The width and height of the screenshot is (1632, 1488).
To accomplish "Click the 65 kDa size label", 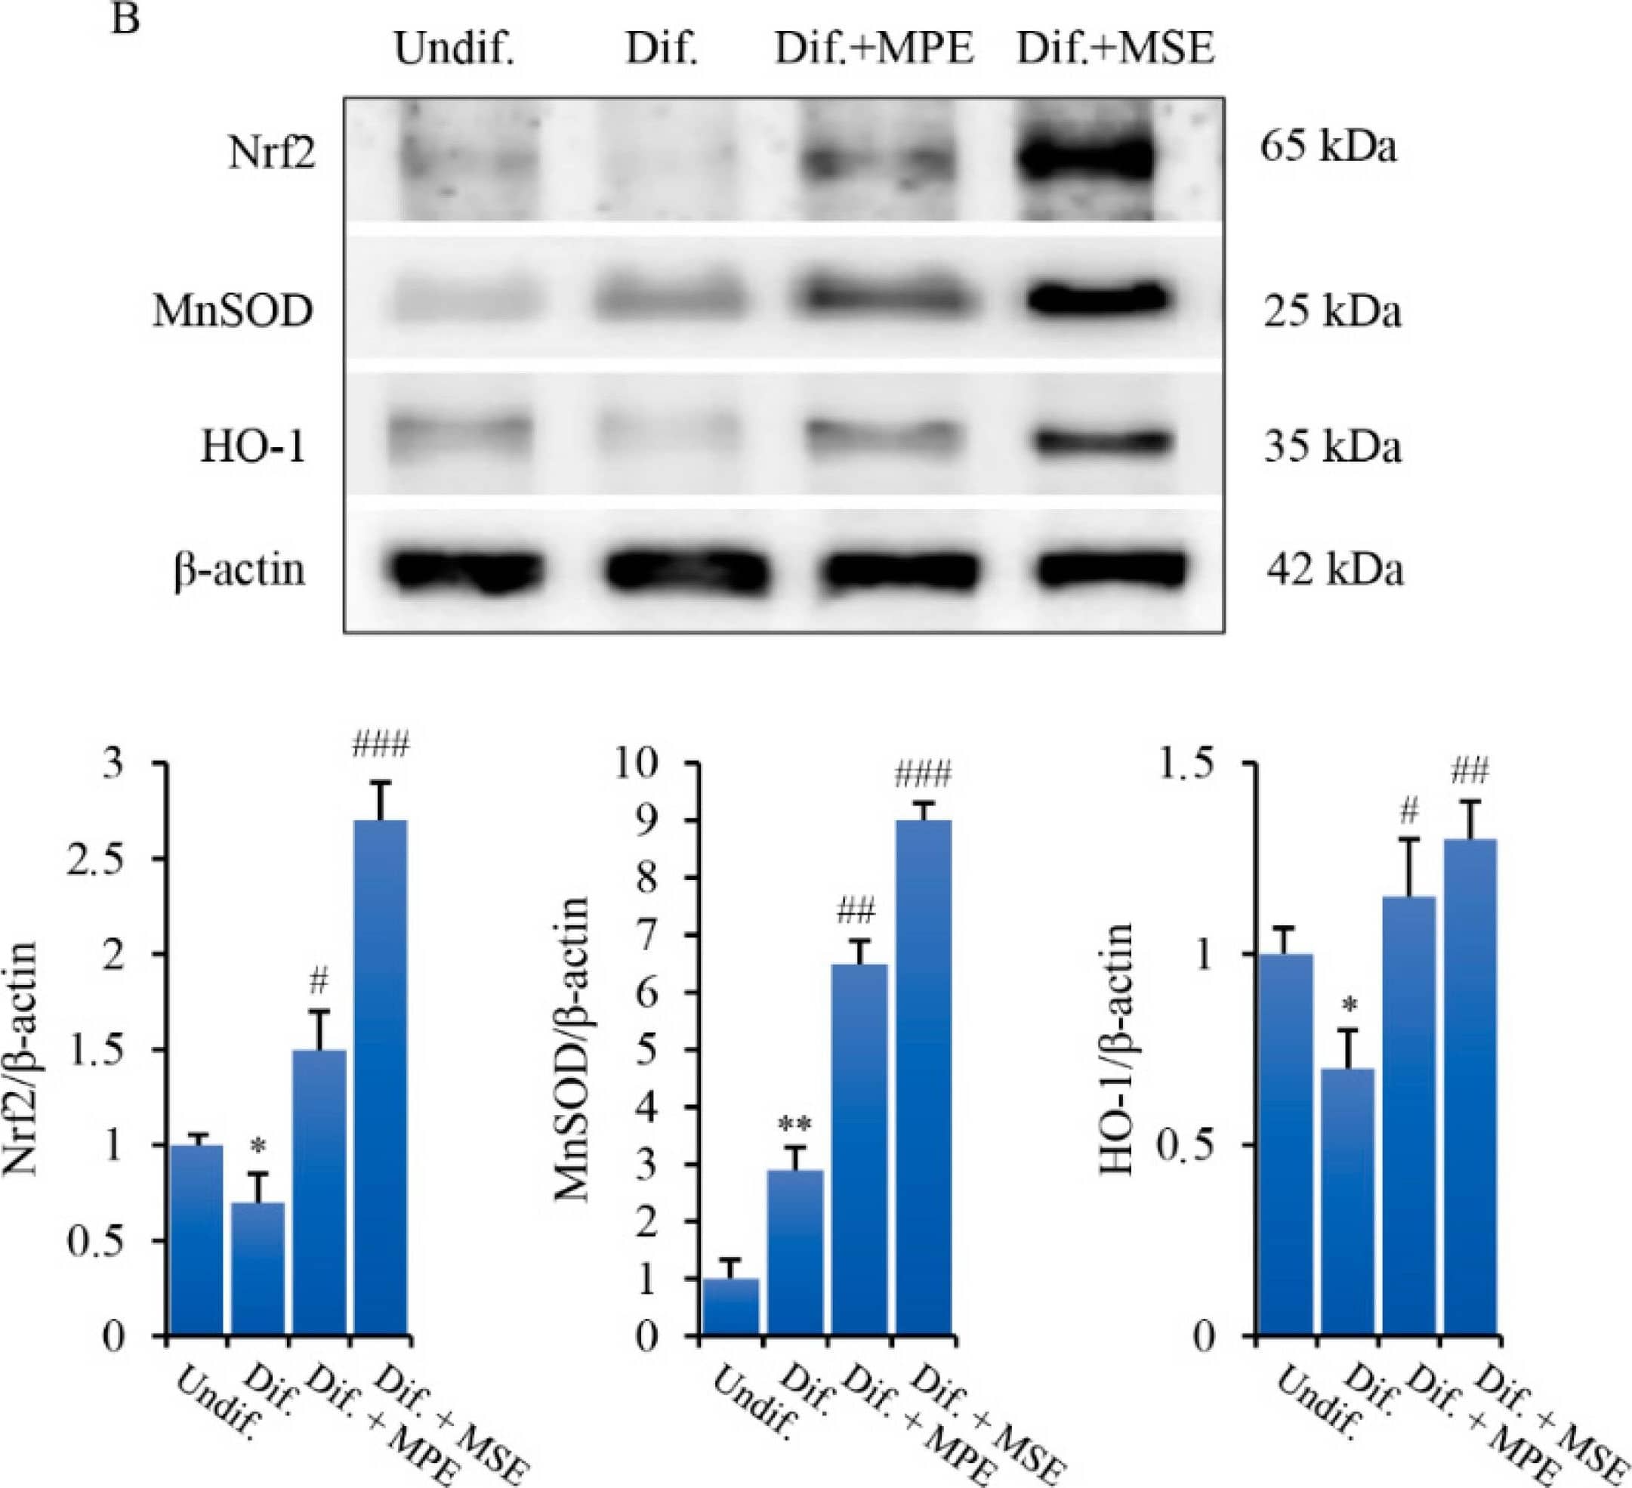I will point(1328,148).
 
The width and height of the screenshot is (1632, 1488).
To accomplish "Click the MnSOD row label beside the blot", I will point(233,312).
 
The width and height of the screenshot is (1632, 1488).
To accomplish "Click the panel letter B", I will point(126,18).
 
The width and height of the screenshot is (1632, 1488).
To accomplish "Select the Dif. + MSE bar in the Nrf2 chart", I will point(381,1078).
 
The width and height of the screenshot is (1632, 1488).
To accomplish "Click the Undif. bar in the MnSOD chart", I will point(731,1307).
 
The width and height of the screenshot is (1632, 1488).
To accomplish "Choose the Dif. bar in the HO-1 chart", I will point(1347,1202).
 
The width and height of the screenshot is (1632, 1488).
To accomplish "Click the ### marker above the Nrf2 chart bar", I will point(381,743).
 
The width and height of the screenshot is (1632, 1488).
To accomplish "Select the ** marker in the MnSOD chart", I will point(795,1125).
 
